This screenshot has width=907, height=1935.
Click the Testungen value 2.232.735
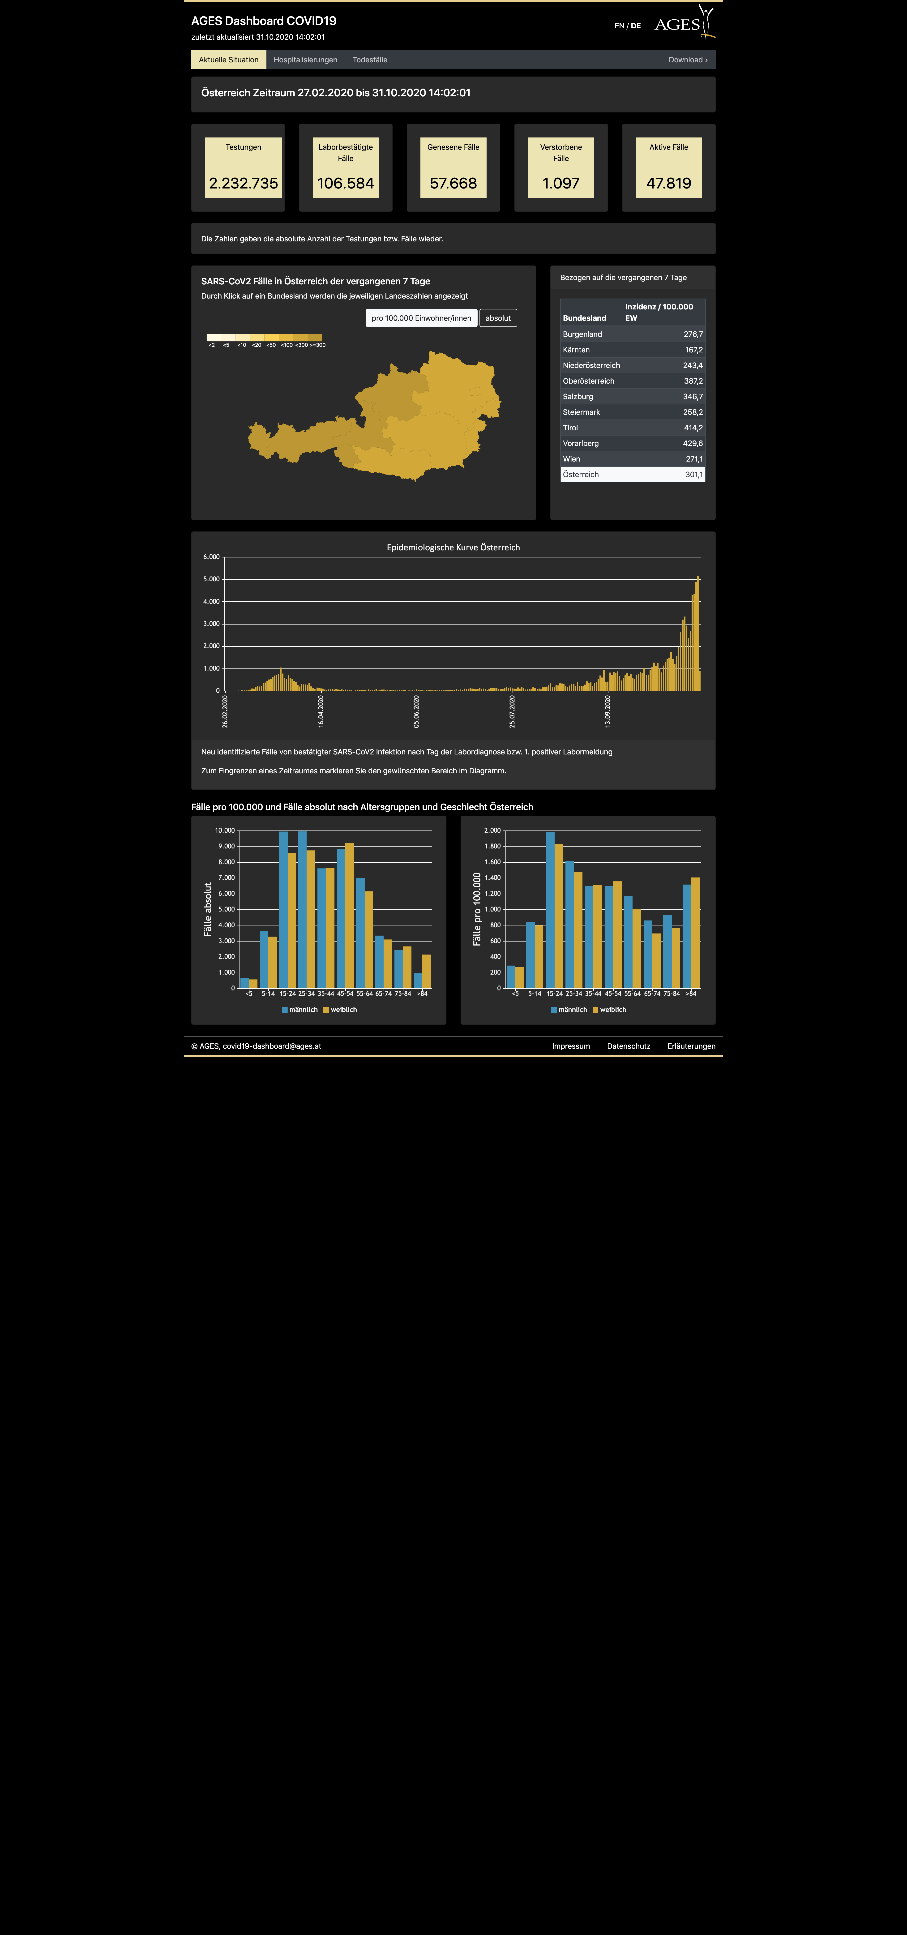(243, 183)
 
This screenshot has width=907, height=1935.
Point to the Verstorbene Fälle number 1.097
(561, 183)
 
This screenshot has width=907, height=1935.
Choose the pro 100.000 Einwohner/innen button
(421, 318)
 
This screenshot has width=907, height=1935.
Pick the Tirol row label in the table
(571, 427)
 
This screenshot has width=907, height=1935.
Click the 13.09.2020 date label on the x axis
(608, 711)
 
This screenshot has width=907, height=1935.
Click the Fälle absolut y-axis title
(208, 909)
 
